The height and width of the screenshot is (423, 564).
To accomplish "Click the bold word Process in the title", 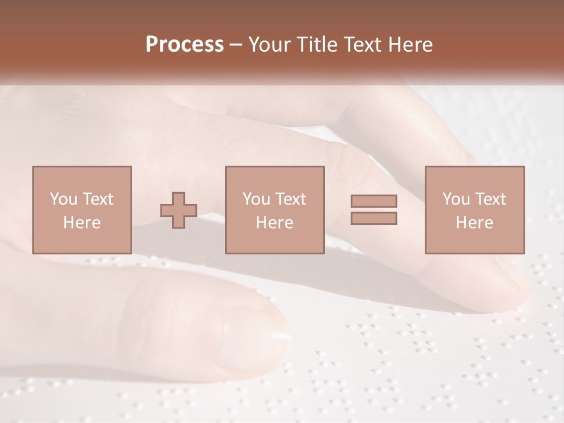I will pos(184,45).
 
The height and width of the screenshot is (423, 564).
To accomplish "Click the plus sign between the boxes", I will pos(179,210).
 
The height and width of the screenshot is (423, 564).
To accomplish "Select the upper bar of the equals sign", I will pos(374,201).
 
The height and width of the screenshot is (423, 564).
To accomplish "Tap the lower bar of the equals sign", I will pos(374,219).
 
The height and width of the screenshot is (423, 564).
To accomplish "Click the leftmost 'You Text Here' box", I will pos(82,210).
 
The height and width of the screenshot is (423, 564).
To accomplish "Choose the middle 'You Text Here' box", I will pos(275,210).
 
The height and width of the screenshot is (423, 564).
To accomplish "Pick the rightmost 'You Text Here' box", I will pos(475,210).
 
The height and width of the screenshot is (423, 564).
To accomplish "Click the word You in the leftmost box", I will pos(63,199).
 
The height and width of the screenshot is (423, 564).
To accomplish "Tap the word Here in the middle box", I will pos(275,223).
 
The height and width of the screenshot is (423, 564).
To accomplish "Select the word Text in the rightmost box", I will pos(490,199).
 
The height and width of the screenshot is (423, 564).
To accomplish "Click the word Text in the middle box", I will pos(290,199).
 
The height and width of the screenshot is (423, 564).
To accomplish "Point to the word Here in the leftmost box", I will pos(82,223).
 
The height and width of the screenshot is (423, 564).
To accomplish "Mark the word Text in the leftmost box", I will pos(98,199).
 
